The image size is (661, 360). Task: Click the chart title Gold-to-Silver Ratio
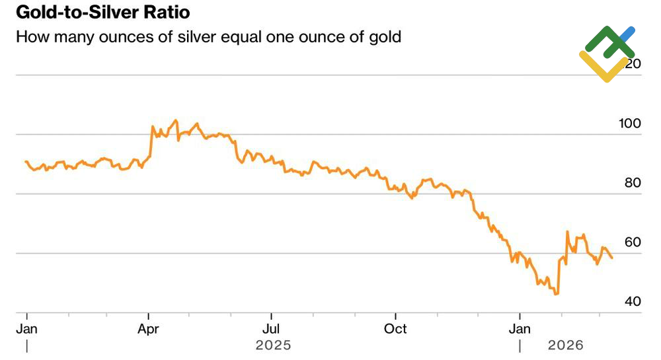[x=102, y=13]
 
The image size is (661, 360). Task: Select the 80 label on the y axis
[x=633, y=183]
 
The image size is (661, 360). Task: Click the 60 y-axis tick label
[x=633, y=242]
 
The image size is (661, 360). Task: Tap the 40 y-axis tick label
[x=633, y=302]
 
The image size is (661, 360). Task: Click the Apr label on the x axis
[x=148, y=328]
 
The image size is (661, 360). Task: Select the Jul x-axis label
[x=271, y=328]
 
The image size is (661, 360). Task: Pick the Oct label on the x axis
[x=395, y=328]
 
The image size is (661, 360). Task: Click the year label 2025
[x=273, y=345]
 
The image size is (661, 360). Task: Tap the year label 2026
[x=565, y=345]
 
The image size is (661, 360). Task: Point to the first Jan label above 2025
[x=27, y=328]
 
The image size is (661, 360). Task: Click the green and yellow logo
[x=606, y=54]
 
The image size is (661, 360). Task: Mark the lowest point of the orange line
[x=557, y=294]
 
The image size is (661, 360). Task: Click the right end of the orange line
[x=611, y=258]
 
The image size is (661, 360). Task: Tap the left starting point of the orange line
[x=26, y=161]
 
